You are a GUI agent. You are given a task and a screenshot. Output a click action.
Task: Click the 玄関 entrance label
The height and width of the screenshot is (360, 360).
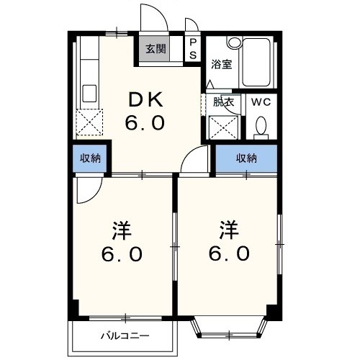click(x=156, y=50)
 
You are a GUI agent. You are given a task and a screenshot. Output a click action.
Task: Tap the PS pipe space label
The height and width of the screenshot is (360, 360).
click(x=193, y=50)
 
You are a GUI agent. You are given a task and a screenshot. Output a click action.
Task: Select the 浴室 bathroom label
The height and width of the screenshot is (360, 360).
click(x=220, y=64)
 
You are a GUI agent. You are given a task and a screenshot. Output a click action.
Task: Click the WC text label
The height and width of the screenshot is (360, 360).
click(x=260, y=102)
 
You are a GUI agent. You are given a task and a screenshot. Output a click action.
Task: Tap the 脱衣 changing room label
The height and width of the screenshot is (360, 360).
click(x=223, y=102)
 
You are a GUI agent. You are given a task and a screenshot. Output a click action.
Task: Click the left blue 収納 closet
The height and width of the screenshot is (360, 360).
click(x=91, y=158)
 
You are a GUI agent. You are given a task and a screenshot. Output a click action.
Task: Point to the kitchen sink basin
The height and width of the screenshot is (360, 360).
click(x=90, y=94)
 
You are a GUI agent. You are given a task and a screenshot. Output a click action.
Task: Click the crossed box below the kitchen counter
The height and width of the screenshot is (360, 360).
click(x=90, y=123)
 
